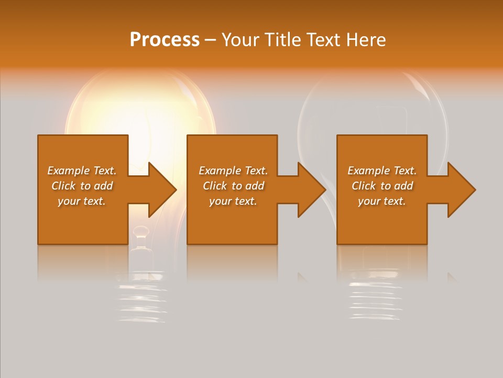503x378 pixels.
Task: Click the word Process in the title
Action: [165, 40]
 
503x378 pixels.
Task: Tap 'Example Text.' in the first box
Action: [82, 171]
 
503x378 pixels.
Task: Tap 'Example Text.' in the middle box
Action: [233, 171]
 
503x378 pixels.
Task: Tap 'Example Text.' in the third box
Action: [382, 171]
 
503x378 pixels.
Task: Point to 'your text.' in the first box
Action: [82, 201]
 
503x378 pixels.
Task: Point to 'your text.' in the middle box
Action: [233, 201]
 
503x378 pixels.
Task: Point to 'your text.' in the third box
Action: [382, 201]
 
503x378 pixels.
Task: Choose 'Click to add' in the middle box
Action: [233, 186]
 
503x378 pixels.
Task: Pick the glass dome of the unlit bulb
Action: [372, 105]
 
